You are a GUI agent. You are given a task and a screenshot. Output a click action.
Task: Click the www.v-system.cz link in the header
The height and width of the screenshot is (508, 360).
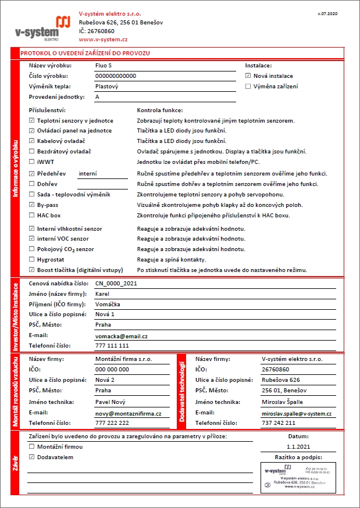(103, 40)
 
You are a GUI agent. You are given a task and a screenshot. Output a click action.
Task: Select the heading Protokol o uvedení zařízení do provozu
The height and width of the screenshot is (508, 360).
(85, 53)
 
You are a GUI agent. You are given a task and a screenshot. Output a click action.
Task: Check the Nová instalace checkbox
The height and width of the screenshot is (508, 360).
(248, 76)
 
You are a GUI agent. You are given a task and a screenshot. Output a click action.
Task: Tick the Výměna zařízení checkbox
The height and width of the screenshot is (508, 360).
(248, 87)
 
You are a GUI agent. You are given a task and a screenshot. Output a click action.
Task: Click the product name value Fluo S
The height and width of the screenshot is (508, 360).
(103, 66)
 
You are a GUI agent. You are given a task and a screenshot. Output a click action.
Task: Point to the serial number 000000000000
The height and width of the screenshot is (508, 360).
(115, 76)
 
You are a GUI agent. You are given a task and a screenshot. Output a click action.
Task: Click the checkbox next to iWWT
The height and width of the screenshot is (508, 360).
(31, 163)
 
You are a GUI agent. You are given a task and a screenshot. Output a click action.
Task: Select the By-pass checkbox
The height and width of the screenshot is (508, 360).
(31, 205)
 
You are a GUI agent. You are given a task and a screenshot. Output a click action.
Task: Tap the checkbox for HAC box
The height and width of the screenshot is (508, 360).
(31, 216)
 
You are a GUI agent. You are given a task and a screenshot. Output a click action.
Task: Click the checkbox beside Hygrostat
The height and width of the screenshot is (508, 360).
(31, 260)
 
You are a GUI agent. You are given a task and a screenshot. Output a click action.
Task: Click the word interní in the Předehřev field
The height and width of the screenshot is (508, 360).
(88, 174)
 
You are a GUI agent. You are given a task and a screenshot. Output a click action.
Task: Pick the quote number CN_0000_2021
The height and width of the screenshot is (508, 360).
(119, 284)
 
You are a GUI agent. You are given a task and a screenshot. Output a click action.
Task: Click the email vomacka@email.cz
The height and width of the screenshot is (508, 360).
(121, 337)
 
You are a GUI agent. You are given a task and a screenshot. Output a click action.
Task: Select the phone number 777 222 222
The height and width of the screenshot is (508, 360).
(112, 423)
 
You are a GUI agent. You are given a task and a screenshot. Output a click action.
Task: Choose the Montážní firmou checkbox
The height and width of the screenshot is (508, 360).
(31, 447)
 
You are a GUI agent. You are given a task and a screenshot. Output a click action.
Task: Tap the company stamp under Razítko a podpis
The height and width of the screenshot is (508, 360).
(297, 477)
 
